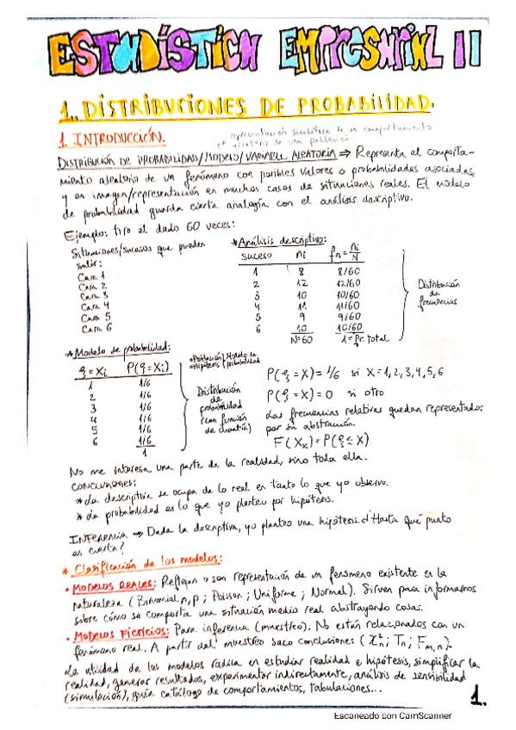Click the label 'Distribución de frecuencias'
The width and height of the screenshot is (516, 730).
(440, 293)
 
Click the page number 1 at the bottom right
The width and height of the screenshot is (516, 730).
(480, 692)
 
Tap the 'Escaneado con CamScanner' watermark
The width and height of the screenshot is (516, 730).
(397, 716)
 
